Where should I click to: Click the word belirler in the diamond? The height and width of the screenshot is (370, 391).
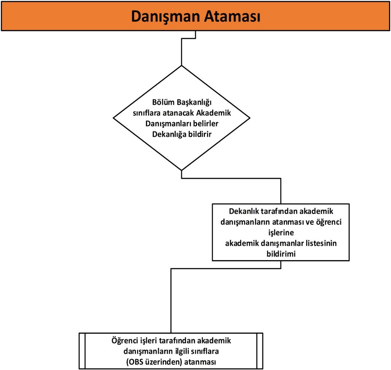tap(205, 124)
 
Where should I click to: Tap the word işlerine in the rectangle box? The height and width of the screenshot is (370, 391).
tap(281, 233)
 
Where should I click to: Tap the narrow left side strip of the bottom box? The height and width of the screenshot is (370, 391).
tap(81, 351)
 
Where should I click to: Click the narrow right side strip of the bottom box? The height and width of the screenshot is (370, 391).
tap(260, 351)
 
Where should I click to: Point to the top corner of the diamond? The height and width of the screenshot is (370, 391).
tap(181, 66)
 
